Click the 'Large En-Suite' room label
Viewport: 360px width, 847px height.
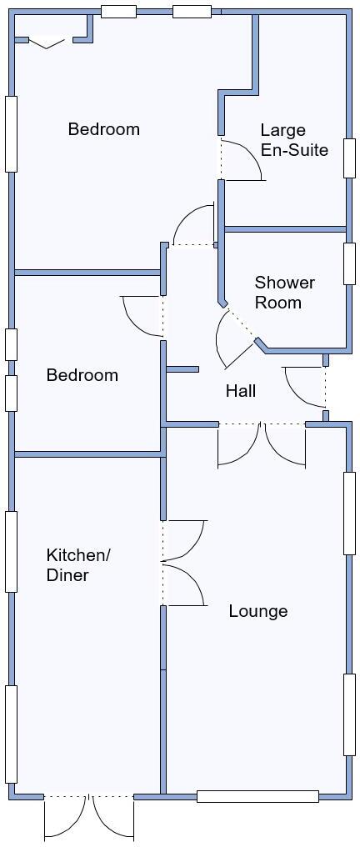pos(293,140)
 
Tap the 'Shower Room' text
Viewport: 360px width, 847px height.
pos(284,293)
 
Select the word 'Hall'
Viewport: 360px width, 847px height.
pos(240,391)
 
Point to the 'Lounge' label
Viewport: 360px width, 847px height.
pos(258,611)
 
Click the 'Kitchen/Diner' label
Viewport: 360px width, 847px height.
pos(77,565)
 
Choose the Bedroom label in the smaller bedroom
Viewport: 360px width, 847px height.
pos(82,375)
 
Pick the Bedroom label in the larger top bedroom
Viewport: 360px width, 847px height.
pos(103,129)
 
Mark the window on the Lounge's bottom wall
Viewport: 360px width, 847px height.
pos(257,797)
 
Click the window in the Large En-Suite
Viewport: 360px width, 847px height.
pos(349,158)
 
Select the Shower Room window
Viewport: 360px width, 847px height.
pos(349,263)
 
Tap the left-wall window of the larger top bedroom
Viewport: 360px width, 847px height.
pos(11,134)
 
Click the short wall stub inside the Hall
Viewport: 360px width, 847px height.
pos(182,369)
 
